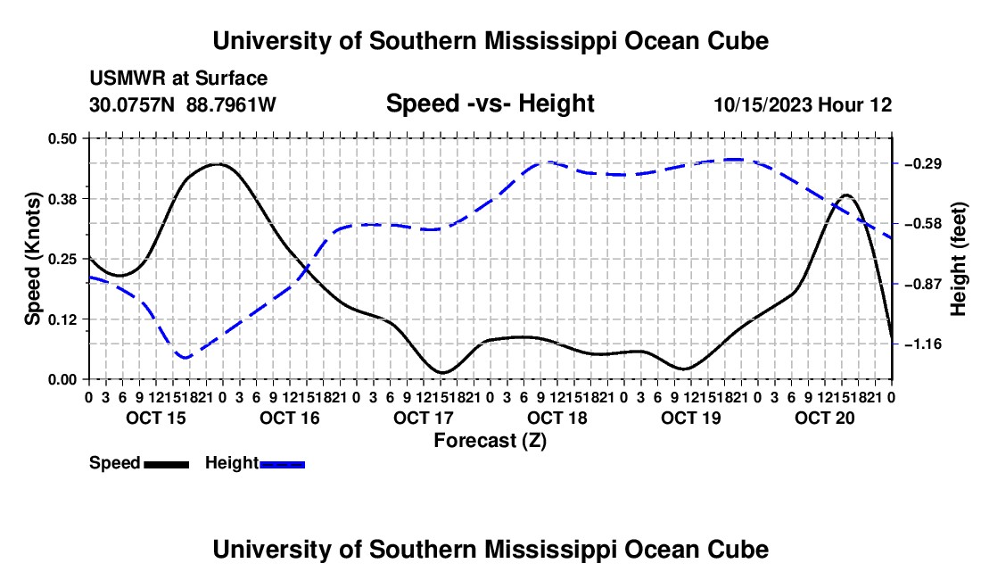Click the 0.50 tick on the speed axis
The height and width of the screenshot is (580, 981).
(62, 138)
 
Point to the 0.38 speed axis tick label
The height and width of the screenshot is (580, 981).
(62, 199)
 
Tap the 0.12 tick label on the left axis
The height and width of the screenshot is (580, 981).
(62, 319)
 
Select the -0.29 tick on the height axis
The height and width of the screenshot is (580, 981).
(923, 164)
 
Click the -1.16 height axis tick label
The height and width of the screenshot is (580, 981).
(923, 344)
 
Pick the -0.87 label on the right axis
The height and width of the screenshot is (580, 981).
(923, 284)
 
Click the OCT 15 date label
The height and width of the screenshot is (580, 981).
(156, 418)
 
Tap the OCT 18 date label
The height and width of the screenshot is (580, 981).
(556, 418)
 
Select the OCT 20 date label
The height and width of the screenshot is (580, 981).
(825, 418)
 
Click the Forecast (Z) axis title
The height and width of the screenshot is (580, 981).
(490, 441)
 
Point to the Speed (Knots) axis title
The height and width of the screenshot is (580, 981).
(32, 259)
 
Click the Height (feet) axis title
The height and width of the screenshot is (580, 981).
(959, 259)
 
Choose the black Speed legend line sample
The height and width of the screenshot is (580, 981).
(167, 464)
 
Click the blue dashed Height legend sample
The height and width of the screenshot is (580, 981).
(282, 464)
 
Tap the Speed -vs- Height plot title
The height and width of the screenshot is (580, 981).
(490, 104)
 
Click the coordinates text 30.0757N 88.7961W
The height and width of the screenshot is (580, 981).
(182, 104)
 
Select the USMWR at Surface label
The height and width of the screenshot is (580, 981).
(178, 79)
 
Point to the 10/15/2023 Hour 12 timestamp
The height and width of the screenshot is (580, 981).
(803, 104)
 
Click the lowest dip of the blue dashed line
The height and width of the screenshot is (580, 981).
(185, 357)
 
